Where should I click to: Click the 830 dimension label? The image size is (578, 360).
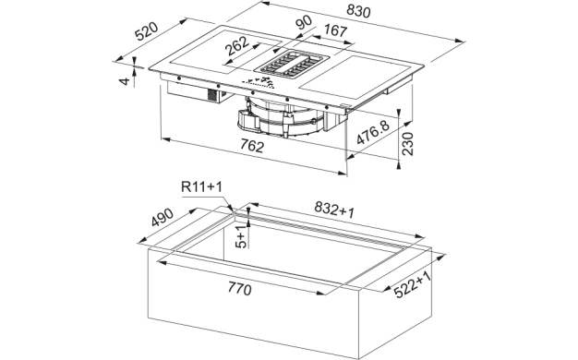point(358,11)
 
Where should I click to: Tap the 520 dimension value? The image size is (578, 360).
point(146,31)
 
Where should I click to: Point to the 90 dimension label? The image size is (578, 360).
point(304,22)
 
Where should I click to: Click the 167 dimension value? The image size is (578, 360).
point(335,30)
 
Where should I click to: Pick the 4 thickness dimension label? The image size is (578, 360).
point(126,81)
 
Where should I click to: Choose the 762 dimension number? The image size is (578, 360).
point(252,146)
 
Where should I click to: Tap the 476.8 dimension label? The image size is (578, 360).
point(373,132)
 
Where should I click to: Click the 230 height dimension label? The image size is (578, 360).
point(407,144)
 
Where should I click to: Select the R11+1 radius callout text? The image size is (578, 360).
point(201,186)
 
